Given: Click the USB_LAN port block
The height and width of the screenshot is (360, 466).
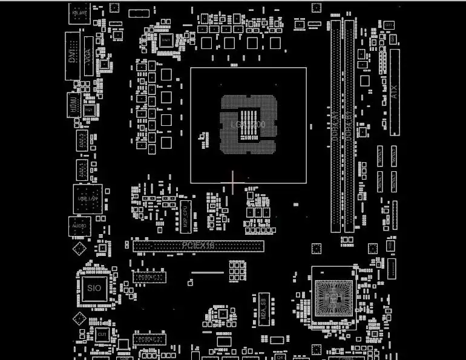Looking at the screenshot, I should coord(87,198).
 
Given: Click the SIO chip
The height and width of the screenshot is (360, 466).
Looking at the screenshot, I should coord(94,288).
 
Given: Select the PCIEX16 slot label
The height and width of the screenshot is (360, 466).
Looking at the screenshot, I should coord(199,246).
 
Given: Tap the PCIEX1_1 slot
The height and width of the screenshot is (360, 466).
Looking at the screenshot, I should coord(149,277).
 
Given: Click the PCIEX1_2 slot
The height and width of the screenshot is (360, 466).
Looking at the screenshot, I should coord(149,339).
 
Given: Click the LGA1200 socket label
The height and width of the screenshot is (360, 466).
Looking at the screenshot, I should coord(248,125).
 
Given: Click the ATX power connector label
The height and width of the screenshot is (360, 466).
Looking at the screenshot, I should coord(395,92).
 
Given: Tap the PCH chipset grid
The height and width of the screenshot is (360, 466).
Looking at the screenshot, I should coord(333,296).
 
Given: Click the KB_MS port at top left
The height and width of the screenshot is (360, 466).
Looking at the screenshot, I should coord(79,13).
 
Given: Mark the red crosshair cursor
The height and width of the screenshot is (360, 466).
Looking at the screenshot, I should coord(232,182).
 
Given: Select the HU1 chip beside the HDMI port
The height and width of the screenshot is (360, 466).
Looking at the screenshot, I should coord(88,111).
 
